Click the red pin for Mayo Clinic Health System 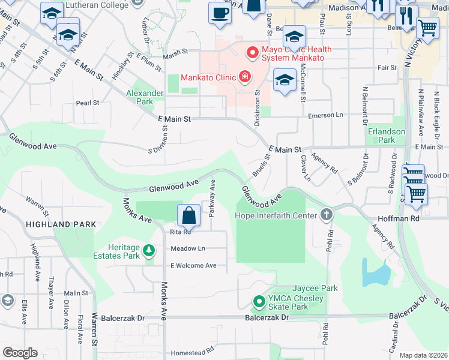click(252, 53)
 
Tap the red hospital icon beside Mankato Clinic click(244, 76)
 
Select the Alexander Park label click(145, 97)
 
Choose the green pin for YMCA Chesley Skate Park click(259, 301)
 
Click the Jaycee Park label click(315, 289)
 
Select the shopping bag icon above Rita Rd click(188, 215)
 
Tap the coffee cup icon click(220, 13)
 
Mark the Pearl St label click(87, 103)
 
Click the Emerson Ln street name click(325, 116)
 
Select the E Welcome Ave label click(193, 265)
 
